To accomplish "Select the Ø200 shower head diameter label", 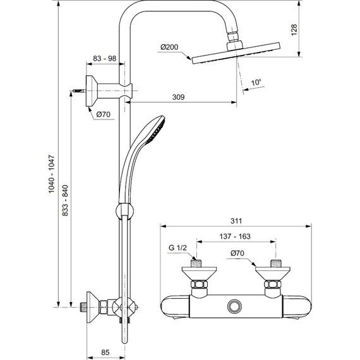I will coord(170,47).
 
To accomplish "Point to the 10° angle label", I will coord(255,83).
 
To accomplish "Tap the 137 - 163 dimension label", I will coord(236,236).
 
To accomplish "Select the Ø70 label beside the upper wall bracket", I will coord(104,114).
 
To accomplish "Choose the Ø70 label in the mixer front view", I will coord(237,253).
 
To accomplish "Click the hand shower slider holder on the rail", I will coord(123,210).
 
